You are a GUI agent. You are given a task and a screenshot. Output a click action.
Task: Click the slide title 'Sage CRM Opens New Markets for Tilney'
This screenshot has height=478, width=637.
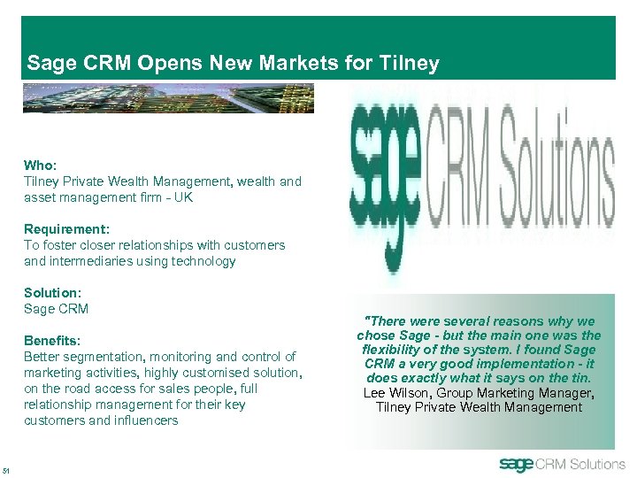tap(233, 63)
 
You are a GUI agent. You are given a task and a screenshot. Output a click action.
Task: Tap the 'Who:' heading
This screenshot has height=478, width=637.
tap(41, 165)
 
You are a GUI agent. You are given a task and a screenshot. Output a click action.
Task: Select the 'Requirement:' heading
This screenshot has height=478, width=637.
tap(67, 228)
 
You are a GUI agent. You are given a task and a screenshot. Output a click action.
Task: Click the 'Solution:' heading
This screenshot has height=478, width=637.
tap(52, 292)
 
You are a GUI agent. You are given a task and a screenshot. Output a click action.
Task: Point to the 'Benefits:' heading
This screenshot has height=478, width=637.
tap(52, 340)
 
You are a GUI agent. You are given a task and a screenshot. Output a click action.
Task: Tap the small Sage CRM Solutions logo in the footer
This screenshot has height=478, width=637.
tap(562, 464)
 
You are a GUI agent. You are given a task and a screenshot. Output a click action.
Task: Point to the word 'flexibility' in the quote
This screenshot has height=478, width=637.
tap(390, 350)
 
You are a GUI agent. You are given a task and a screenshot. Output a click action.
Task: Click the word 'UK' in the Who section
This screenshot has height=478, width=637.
tap(183, 197)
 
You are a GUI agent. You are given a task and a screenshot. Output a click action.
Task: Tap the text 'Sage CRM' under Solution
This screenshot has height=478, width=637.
tap(56, 309)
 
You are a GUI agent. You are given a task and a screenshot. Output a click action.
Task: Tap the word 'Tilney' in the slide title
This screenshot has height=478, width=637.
tap(408, 63)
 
